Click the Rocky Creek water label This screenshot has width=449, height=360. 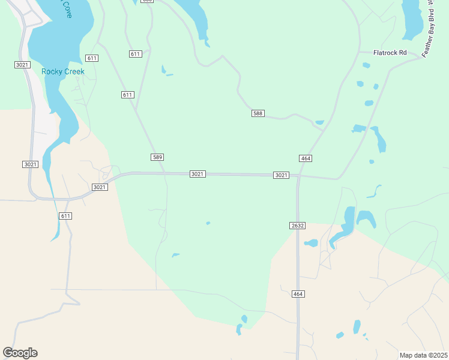pyautogui.click(x=63, y=71)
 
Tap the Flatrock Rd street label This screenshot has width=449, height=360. pyautogui.click(x=390, y=53)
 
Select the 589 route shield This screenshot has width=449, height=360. pyautogui.click(x=157, y=157)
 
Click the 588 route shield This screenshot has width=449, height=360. pyautogui.click(x=258, y=113)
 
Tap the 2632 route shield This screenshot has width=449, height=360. pyautogui.click(x=298, y=226)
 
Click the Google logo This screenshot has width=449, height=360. pyautogui.click(x=20, y=353)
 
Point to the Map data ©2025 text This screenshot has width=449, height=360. pyautogui.click(x=423, y=355)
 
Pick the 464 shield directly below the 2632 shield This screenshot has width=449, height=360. pyautogui.click(x=298, y=294)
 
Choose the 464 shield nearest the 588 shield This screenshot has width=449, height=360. pyautogui.click(x=305, y=158)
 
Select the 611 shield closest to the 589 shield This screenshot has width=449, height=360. pyautogui.click(x=127, y=95)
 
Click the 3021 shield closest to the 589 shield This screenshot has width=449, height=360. pyautogui.click(x=197, y=174)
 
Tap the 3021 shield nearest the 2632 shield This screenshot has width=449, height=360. pyautogui.click(x=281, y=175)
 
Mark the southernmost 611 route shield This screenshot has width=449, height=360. pyautogui.click(x=66, y=216)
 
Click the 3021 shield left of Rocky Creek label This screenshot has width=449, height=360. pyautogui.click(x=22, y=64)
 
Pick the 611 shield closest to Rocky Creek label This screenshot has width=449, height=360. pyautogui.click(x=92, y=58)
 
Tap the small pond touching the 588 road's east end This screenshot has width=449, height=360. pyautogui.click(x=319, y=123)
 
